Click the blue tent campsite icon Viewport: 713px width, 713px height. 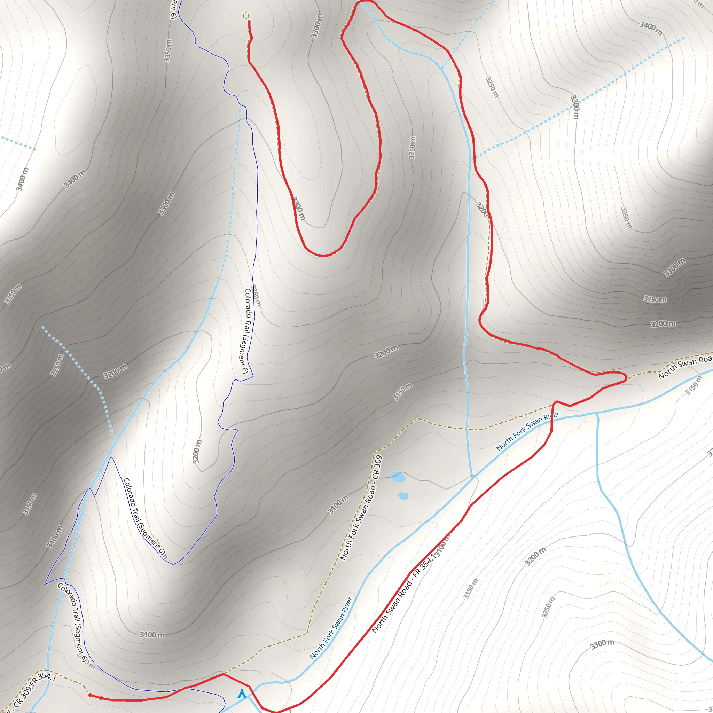(x=242, y=694)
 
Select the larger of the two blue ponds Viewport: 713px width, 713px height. (x=398, y=477)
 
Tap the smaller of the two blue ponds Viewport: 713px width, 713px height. (x=404, y=496)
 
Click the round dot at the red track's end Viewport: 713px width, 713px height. (x=90, y=695)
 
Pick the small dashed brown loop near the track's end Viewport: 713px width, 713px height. (x=246, y=16)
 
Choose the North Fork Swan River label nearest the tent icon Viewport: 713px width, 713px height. (x=331, y=628)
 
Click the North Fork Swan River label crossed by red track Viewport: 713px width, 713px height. (x=528, y=431)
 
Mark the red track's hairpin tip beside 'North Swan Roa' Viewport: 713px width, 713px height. (x=626, y=377)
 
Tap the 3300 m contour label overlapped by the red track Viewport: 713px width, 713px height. (x=299, y=209)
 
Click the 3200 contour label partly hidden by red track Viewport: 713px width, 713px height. (x=482, y=210)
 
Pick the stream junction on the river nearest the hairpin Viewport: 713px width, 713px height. (x=597, y=413)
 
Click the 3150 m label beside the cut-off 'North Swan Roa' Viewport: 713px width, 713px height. (x=694, y=385)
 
